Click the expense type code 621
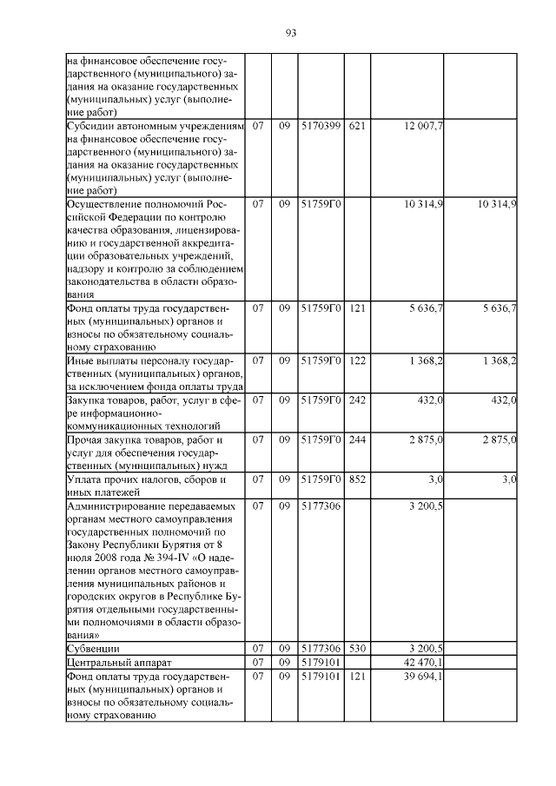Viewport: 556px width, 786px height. (356, 126)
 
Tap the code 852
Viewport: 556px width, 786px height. (356, 479)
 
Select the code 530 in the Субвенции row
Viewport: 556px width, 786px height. (356, 649)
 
